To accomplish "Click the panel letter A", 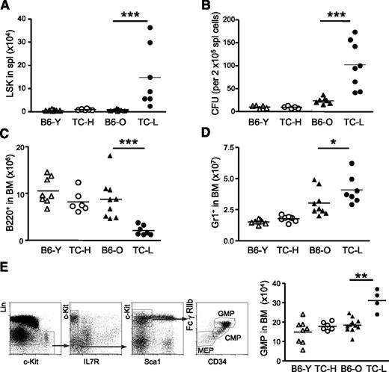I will pos(6,7).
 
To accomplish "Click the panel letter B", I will pos(201,7).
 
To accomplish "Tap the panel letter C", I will pos(6,137).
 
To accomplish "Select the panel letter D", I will pos(201,137).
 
